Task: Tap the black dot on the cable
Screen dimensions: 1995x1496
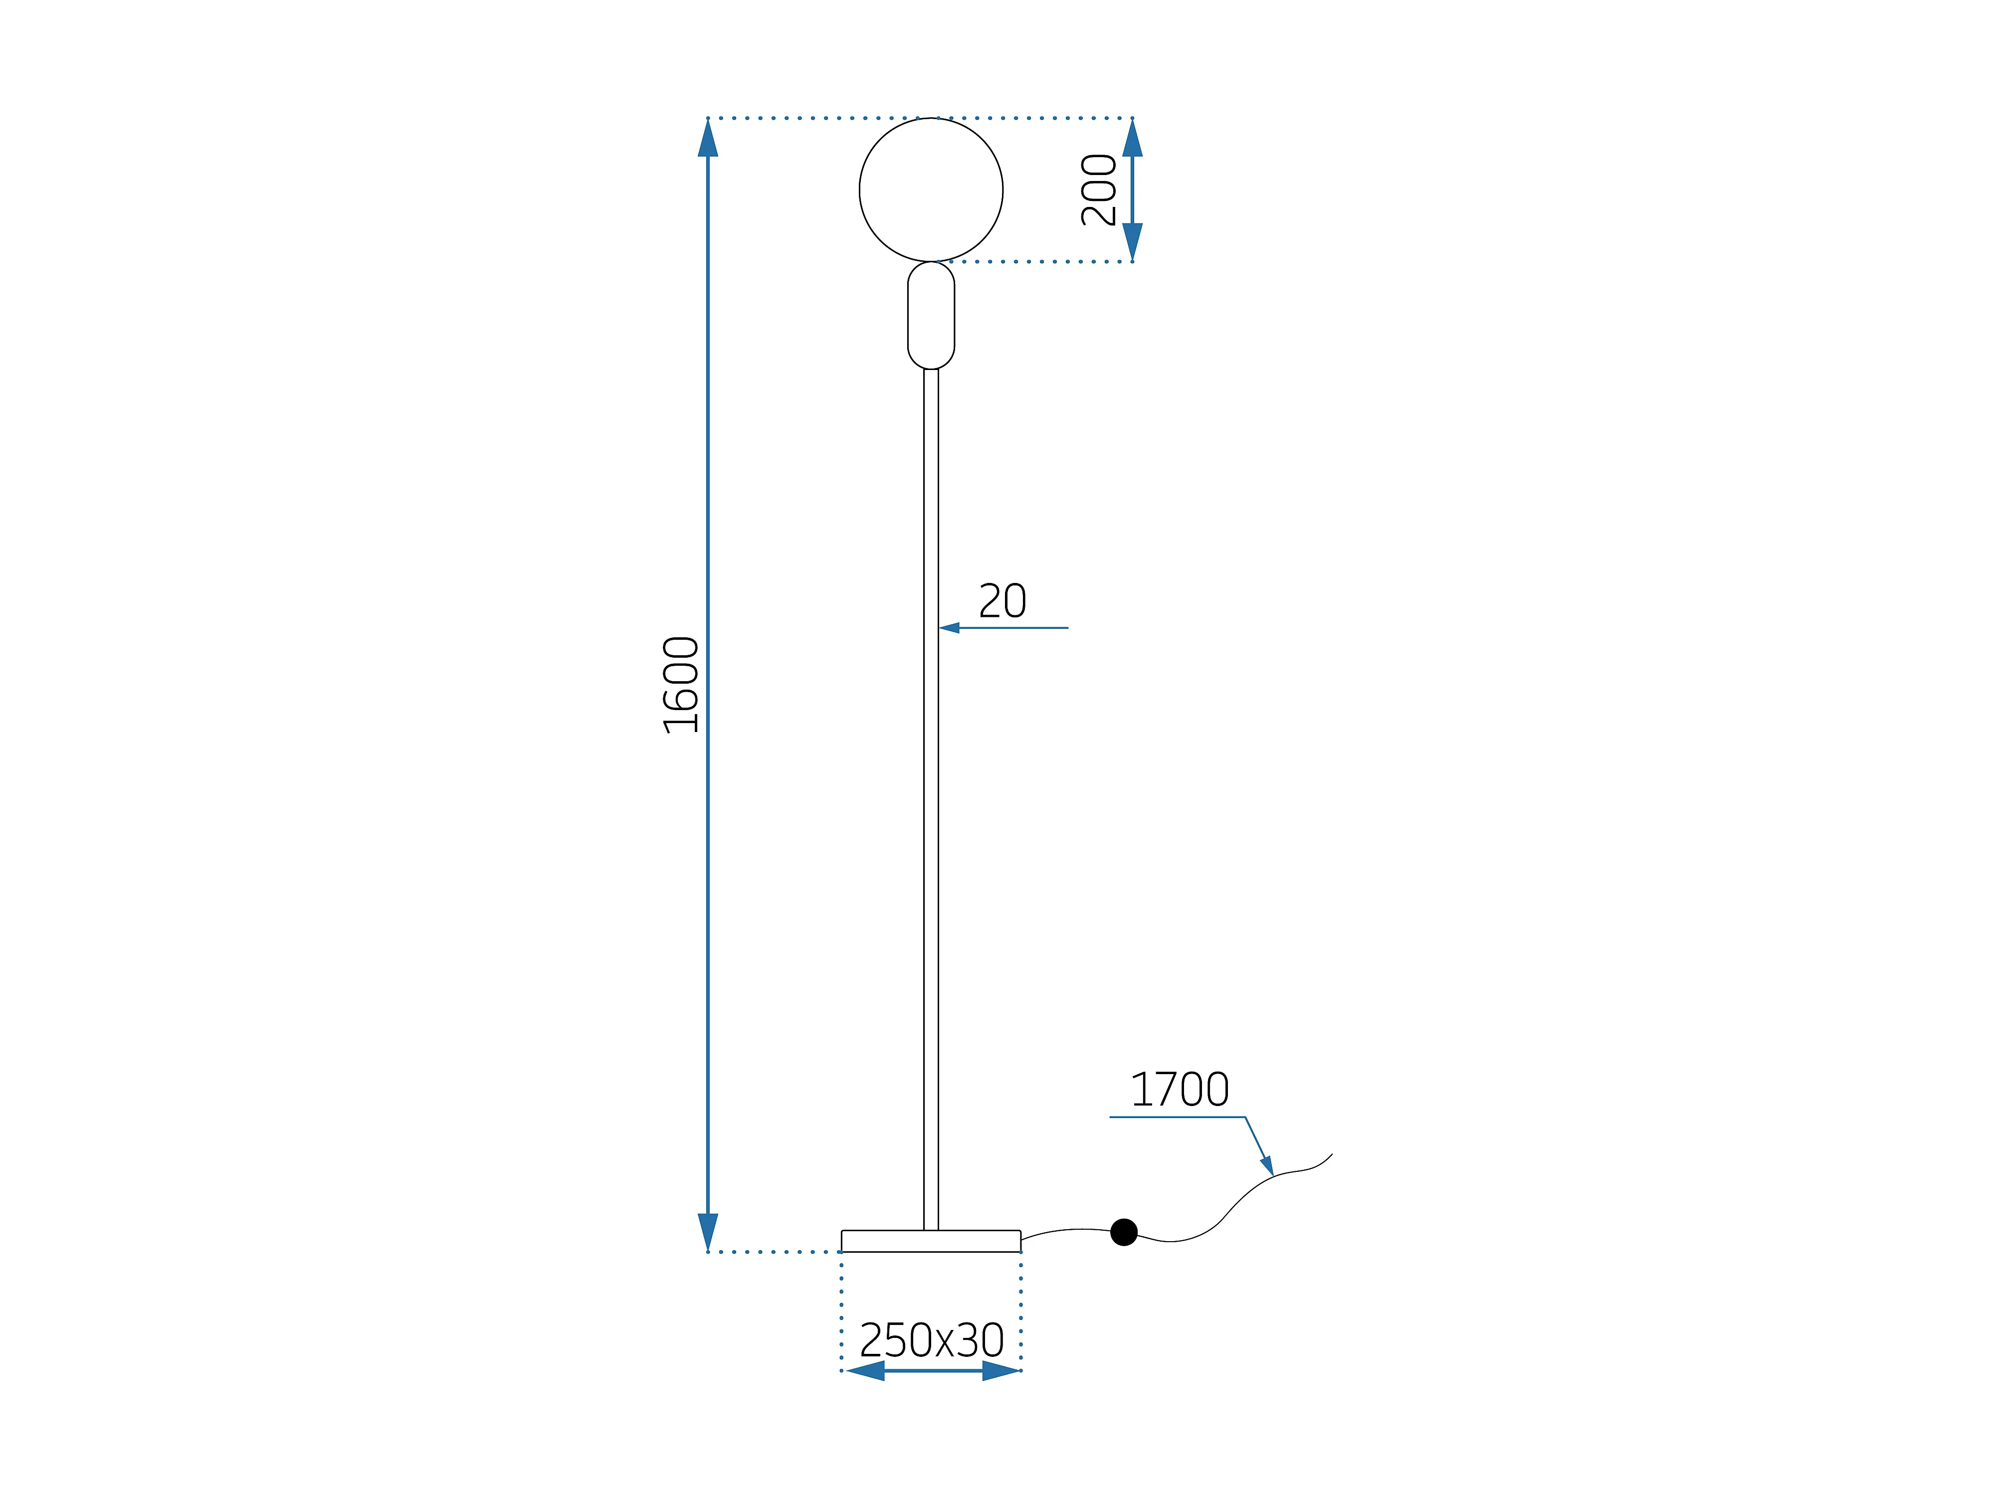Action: (x=1124, y=1232)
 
